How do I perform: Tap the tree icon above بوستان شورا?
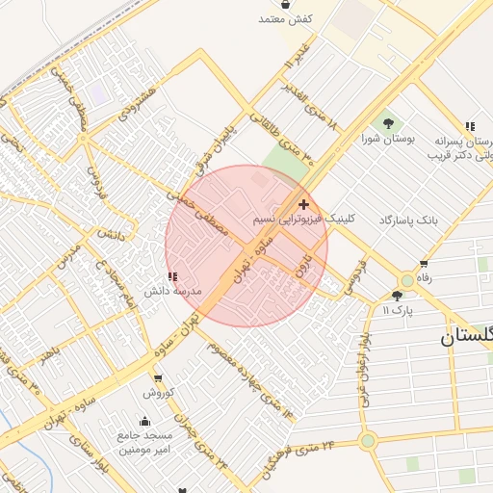point(388,123)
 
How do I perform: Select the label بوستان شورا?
point(388,140)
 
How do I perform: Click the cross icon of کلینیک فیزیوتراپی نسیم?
point(304,204)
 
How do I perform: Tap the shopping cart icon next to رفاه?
point(423,262)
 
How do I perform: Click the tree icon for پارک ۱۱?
point(398,296)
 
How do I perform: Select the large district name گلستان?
point(467,336)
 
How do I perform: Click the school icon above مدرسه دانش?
point(172,276)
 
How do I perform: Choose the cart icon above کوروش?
point(157,378)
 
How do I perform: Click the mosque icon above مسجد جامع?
point(144,421)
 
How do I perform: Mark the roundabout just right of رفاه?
point(407,280)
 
